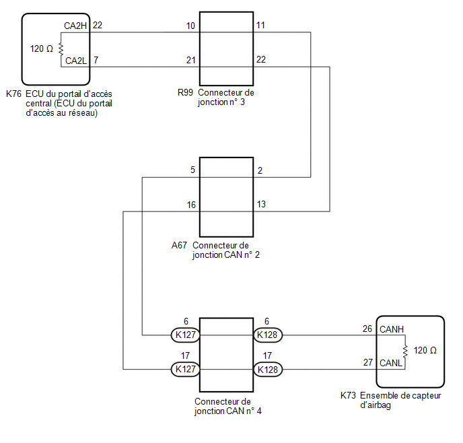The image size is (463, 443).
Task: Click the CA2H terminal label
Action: point(75,26)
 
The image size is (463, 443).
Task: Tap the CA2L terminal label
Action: point(76,61)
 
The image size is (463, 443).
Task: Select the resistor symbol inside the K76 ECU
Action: point(61,49)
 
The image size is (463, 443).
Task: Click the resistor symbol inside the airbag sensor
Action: point(405,351)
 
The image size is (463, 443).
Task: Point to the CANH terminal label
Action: point(392,329)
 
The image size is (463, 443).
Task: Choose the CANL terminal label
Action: point(391,363)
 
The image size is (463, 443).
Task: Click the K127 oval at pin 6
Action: point(186,335)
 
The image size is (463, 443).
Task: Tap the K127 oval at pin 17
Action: point(186,369)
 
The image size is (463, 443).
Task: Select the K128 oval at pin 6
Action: point(268,335)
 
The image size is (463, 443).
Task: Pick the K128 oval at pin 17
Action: point(268,370)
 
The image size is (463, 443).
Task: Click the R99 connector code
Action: point(185,93)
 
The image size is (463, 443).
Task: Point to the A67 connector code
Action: point(179,246)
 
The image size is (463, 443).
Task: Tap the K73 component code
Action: point(348,396)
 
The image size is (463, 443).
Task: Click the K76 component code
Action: point(13,94)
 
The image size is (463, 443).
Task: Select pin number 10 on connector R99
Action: point(190,26)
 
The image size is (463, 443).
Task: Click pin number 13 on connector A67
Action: point(261,205)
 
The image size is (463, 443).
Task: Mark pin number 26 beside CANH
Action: point(367,329)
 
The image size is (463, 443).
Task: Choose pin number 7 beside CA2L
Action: point(96,60)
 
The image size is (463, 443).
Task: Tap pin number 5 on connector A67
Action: point(192,170)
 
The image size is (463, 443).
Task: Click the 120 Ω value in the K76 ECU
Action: point(41,48)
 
